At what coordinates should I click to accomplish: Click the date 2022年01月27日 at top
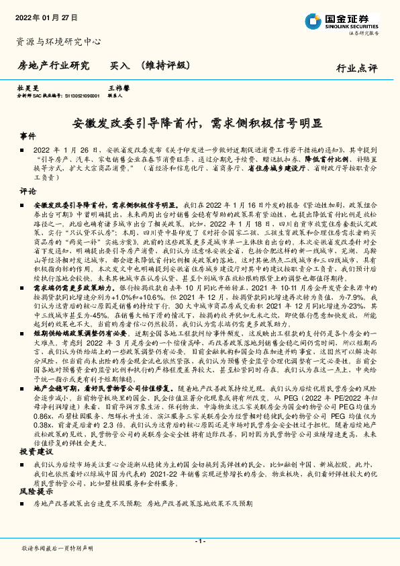point(46,16)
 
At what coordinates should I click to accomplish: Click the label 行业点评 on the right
point(356,68)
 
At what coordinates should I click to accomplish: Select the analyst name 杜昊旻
point(28,88)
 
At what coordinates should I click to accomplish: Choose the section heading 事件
point(28,135)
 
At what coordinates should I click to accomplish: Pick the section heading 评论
point(28,191)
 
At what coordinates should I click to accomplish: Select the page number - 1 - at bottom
point(199,541)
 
